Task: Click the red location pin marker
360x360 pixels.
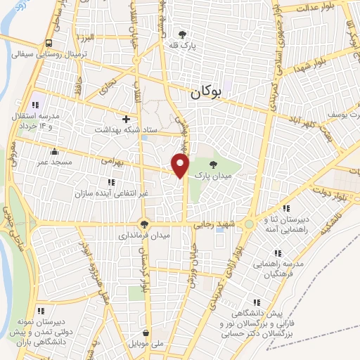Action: (x=181, y=165)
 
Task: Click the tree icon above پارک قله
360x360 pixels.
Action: (x=184, y=34)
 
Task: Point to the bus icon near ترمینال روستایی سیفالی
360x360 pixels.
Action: (x=49, y=41)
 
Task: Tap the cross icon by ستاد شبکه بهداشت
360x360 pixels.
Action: (x=127, y=120)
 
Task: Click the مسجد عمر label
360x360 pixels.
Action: (x=54, y=162)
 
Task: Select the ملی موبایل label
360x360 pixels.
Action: (x=146, y=345)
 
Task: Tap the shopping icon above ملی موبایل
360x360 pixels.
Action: (x=146, y=333)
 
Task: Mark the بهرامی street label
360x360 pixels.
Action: (x=112, y=161)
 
